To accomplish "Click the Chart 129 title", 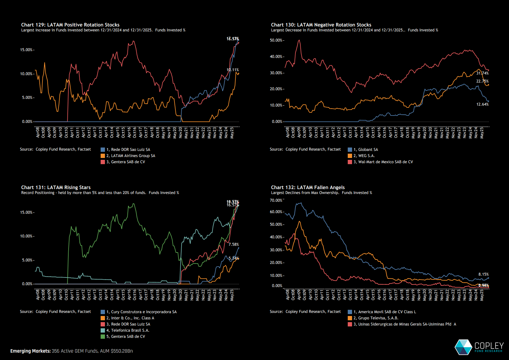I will click(x=70, y=25).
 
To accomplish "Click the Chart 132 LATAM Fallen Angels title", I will click(x=308, y=188).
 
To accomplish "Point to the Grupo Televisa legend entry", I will click(x=378, y=318).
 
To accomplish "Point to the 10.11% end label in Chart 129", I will click(x=233, y=70).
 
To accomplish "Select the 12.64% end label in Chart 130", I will click(x=483, y=104).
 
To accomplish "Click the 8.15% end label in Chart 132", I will click(x=483, y=274).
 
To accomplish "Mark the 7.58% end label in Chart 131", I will click(x=234, y=245).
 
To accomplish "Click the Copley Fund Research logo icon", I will click(x=463, y=347).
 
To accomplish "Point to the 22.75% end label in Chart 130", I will click(x=483, y=81).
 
